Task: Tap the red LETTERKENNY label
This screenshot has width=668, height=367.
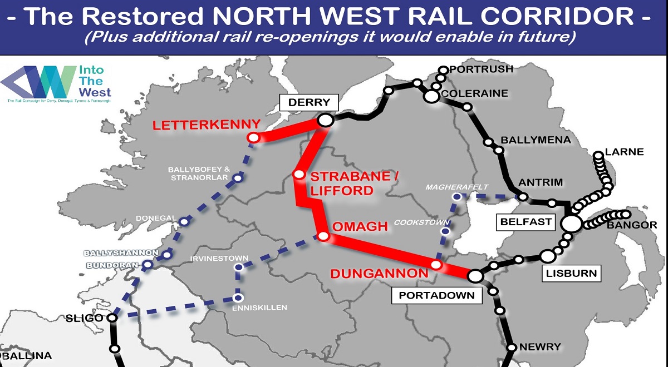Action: tap(207, 125)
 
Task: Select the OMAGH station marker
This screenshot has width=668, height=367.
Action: tap(323, 236)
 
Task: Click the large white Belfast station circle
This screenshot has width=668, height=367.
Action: tap(571, 224)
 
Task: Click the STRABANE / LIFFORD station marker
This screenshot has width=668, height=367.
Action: tap(299, 175)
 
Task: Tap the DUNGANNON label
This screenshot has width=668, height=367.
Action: tap(379, 273)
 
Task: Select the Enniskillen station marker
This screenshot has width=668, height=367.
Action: tap(239, 299)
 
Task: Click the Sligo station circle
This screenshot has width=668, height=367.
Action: tap(112, 318)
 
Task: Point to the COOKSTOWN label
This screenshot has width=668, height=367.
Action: tap(414, 222)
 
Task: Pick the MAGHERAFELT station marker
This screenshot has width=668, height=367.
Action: tap(456, 196)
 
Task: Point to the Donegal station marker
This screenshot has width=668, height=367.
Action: tap(184, 222)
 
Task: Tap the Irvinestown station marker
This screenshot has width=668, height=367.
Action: tap(238, 267)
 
